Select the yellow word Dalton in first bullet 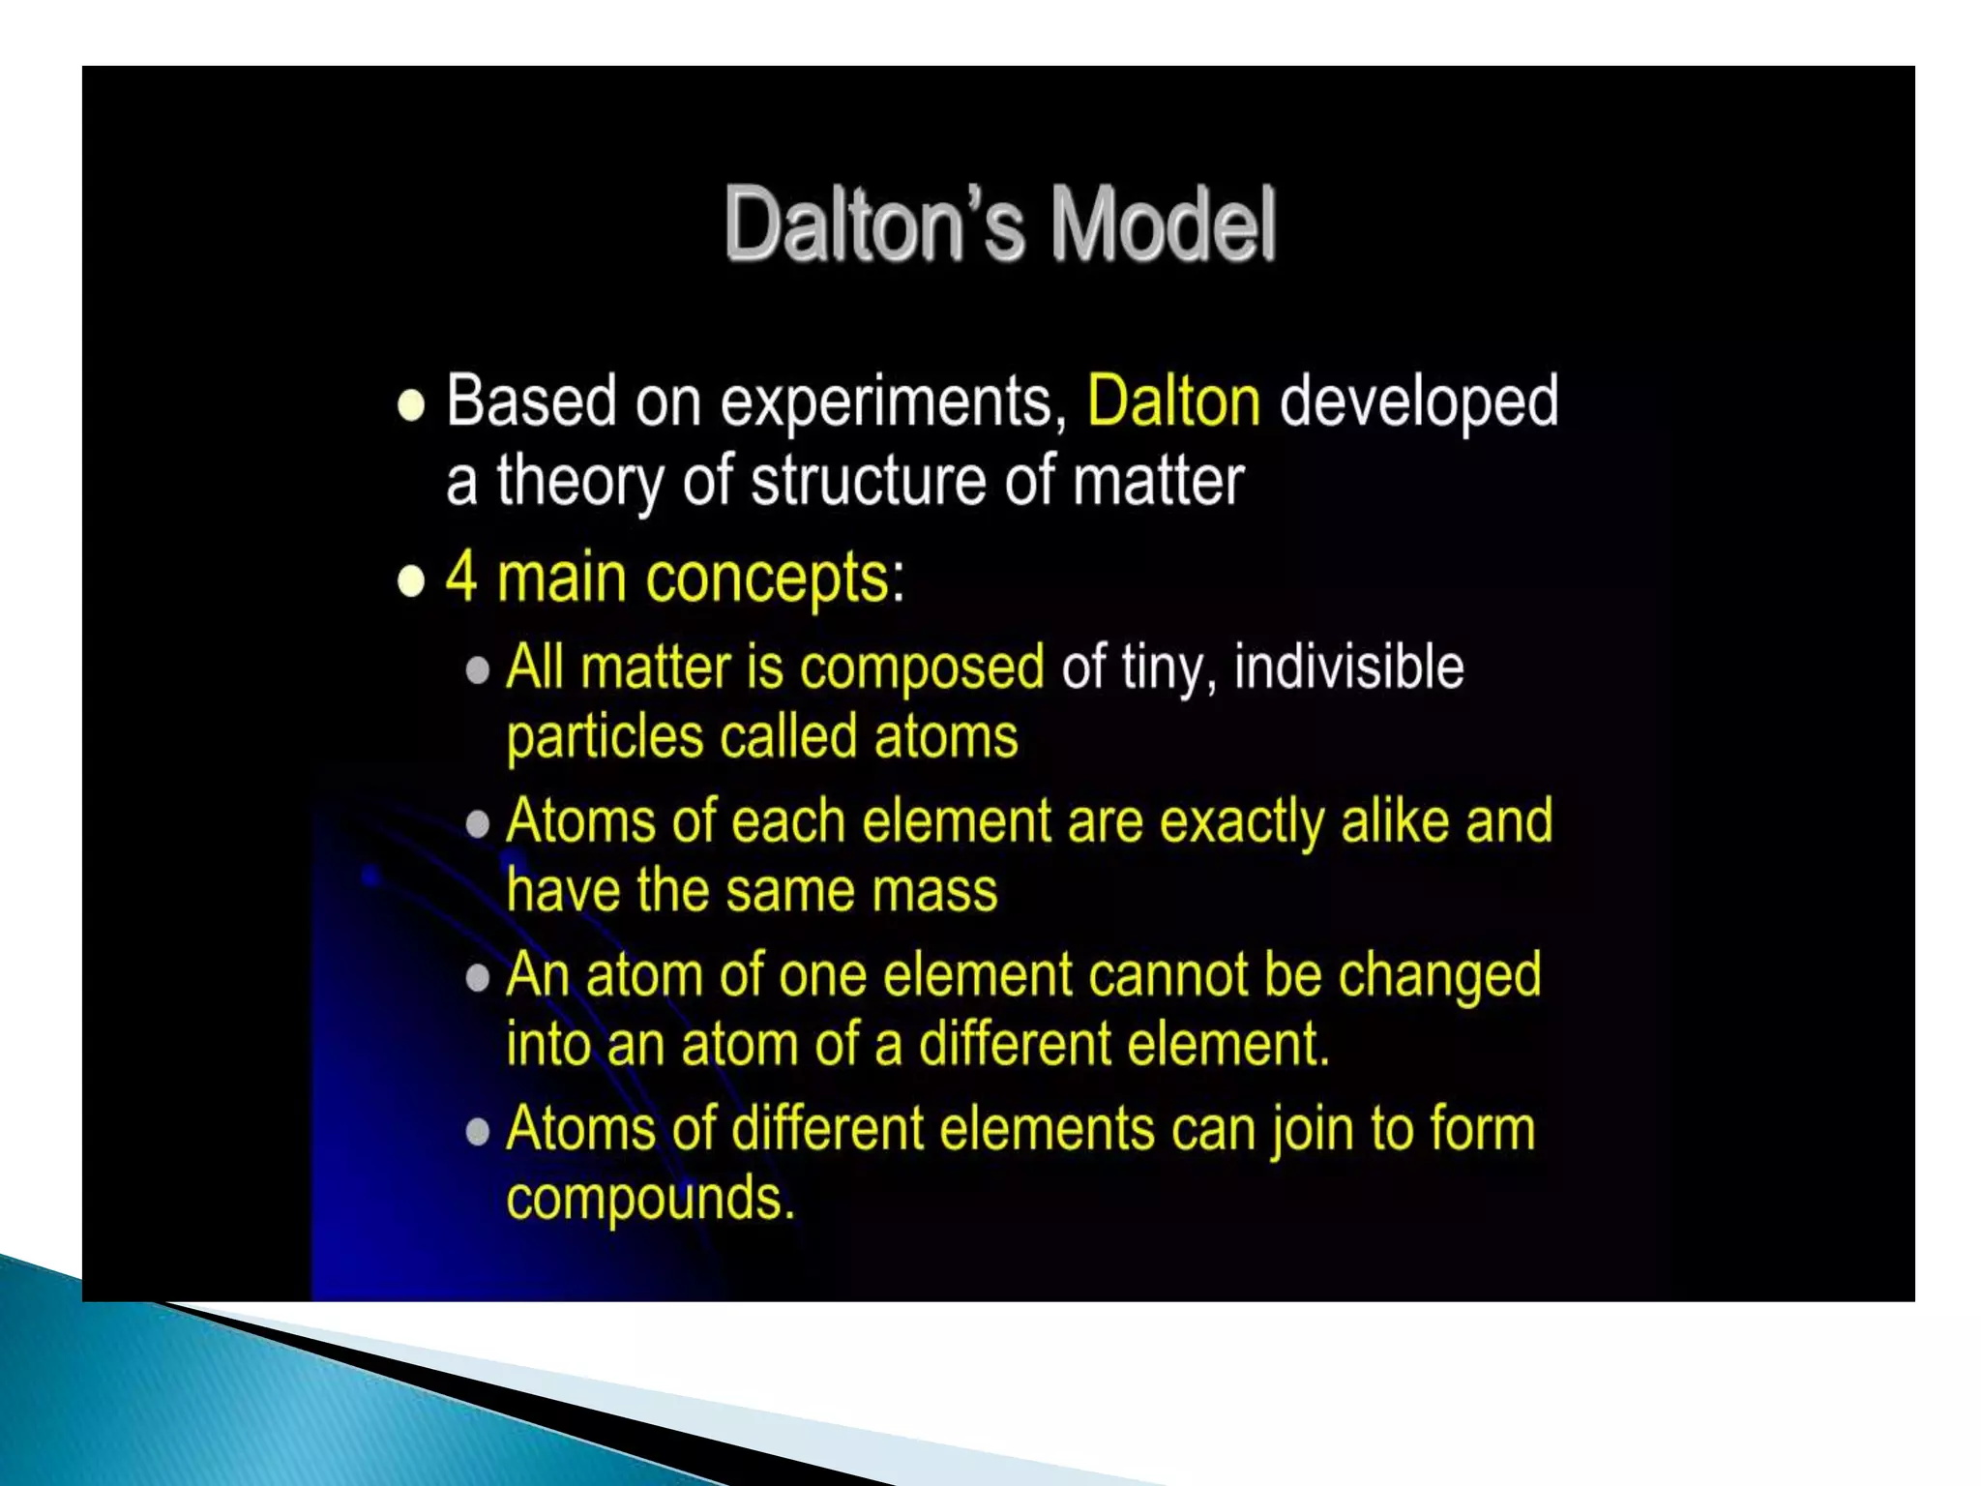point(1173,401)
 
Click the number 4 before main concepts point(460,577)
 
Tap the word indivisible point(1348,667)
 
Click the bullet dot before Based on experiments point(411,405)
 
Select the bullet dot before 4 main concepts point(411,581)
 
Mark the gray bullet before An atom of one point(477,978)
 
